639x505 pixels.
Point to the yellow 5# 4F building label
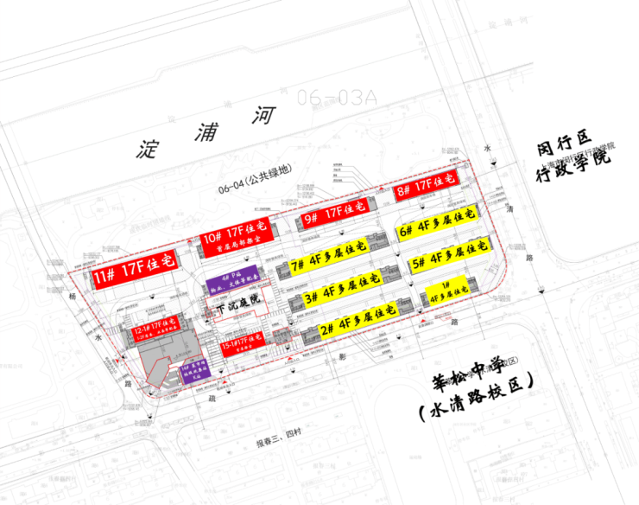pos(446,258)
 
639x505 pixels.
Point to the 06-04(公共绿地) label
pos(254,181)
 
